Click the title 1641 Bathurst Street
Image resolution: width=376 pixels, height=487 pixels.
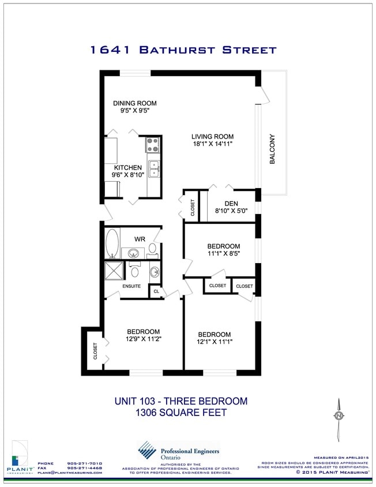(183, 50)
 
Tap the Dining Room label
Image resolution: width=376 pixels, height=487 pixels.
(134, 103)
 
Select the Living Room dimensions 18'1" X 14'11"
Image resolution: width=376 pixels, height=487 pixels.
(212, 145)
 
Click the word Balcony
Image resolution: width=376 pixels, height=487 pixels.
(272, 149)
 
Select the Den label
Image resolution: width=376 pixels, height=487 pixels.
(231, 203)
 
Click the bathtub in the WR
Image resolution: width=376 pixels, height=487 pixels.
(112, 244)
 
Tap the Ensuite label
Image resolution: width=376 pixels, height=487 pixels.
(131, 286)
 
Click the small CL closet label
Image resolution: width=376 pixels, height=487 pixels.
(156, 292)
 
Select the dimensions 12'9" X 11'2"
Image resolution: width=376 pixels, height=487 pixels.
(143, 339)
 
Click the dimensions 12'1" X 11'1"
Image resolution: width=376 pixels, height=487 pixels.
(214, 342)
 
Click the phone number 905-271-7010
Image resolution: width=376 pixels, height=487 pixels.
(84, 463)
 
